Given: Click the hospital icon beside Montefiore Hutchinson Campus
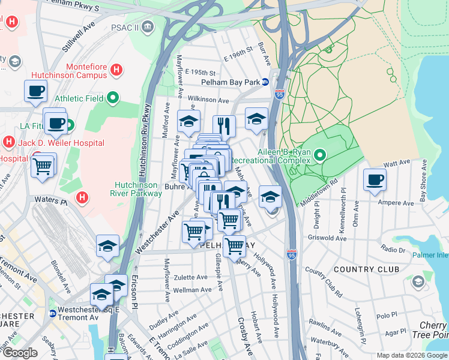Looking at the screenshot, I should [x=117, y=70].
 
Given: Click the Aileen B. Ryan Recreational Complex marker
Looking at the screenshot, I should [x=319, y=156].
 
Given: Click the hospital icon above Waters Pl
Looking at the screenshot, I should [x=83, y=196].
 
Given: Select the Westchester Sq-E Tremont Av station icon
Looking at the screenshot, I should [x=53, y=313].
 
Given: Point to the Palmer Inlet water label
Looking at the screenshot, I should [x=430, y=255].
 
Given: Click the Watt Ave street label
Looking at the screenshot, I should [x=396, y=163].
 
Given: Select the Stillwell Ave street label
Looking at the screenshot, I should [x=80, y=37].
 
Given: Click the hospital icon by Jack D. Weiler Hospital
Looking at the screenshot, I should [x=8, y=143].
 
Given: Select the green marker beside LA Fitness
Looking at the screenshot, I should [x=70, y=126].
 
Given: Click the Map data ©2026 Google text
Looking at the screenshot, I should [x=411, y=355].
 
